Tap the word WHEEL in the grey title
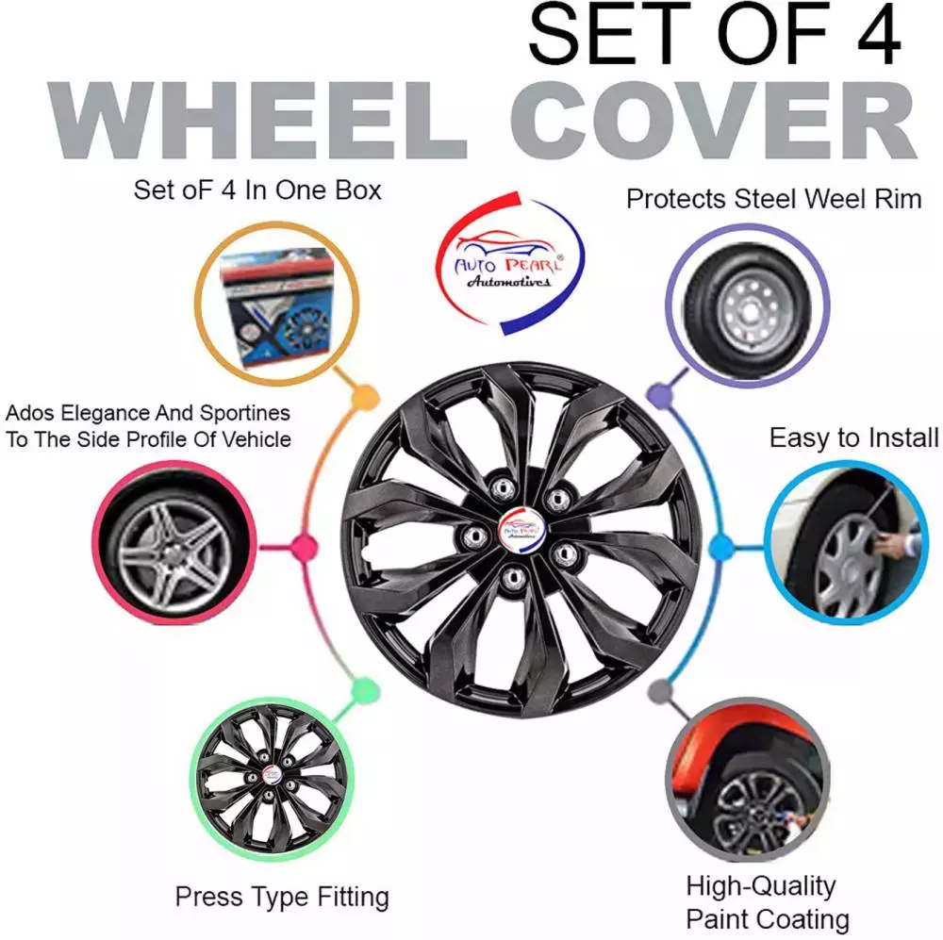pyautogui.click(x=256, y=121)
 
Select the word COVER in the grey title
pyautogui.click(x=713, y=121)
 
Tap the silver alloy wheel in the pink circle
pyautogui.click(x=174, y=544)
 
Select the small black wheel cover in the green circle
pyautogui.click(x=272, y=778)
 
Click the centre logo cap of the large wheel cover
pyautogui.click(x=521, y=529)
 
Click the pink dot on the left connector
pyautogui.click(x=304, y=547)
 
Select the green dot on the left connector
pyautogui.click(x=364, y=690)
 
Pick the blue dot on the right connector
pyautogui.click(x=720, y=547)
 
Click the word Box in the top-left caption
pyautogui.click(x=357, y=190)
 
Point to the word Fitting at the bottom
pyautogui.click(x=353, y=898)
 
